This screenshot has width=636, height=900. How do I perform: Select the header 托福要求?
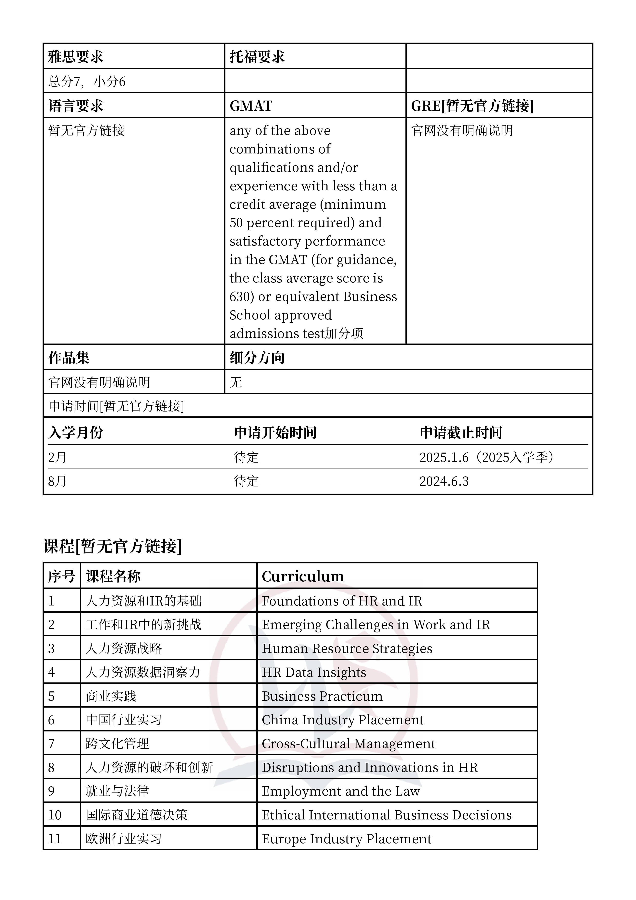(257, 57)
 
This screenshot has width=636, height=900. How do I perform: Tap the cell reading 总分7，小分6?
(87, 82)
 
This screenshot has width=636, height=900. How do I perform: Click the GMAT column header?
(251, 106)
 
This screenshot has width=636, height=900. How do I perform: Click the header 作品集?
(69, 357)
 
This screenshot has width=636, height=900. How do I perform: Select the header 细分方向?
(257, 357)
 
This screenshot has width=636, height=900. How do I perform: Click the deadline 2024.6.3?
(444, 481)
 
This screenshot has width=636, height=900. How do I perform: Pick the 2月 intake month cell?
(57, 457)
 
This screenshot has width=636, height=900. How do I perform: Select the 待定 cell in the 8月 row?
(246, 481)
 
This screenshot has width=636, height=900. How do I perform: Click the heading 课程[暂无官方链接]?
(113, 546)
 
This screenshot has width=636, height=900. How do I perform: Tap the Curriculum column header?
(303, 576)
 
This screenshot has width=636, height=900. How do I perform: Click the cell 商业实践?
(111, 696)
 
